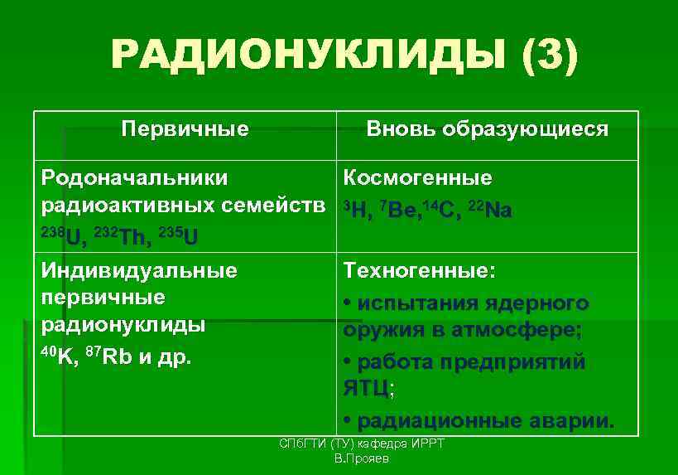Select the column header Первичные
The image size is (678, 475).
(185, 129)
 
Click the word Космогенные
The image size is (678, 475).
(418, 178)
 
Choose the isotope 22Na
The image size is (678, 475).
(490, 210)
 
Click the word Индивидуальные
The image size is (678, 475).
(139, 270)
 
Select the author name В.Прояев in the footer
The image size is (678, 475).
(362, 458)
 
